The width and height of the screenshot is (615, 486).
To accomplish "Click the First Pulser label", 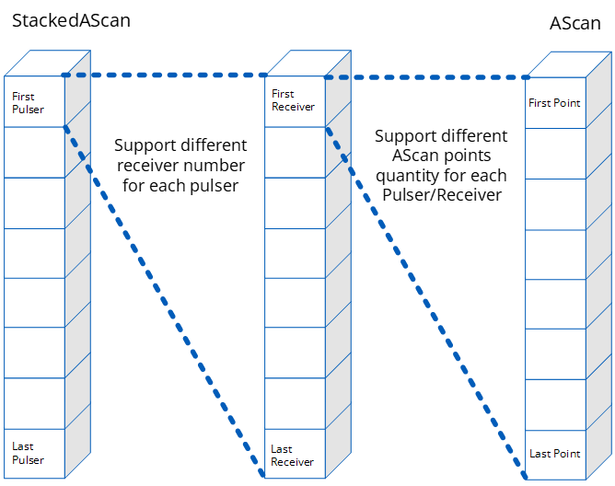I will (28, 102).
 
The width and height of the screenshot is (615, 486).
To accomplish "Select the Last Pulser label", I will (28, 453).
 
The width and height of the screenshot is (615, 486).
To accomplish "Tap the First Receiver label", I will (293, 100).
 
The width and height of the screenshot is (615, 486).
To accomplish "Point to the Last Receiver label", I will (292, 456).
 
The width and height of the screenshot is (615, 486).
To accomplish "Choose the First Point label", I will (554, 103).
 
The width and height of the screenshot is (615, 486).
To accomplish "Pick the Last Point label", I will (554, 454).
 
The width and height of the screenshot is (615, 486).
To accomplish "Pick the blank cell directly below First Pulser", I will (34, 152).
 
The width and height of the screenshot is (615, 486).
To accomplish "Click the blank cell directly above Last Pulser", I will (34, 403).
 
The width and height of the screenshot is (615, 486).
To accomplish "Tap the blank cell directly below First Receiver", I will (295, 152).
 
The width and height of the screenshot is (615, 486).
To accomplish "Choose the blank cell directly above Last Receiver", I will (295, 403).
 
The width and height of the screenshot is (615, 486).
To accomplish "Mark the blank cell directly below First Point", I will (556, 153).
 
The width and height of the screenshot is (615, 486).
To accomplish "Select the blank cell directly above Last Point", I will (556, 405).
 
